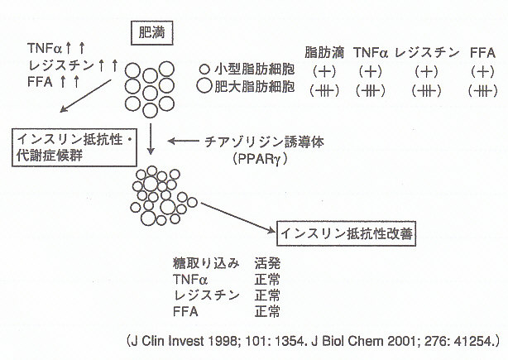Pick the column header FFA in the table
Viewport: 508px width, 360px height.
[482, 52]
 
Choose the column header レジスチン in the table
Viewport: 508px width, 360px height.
[428, 52]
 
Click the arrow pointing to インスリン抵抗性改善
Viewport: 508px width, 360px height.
[237, 216]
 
